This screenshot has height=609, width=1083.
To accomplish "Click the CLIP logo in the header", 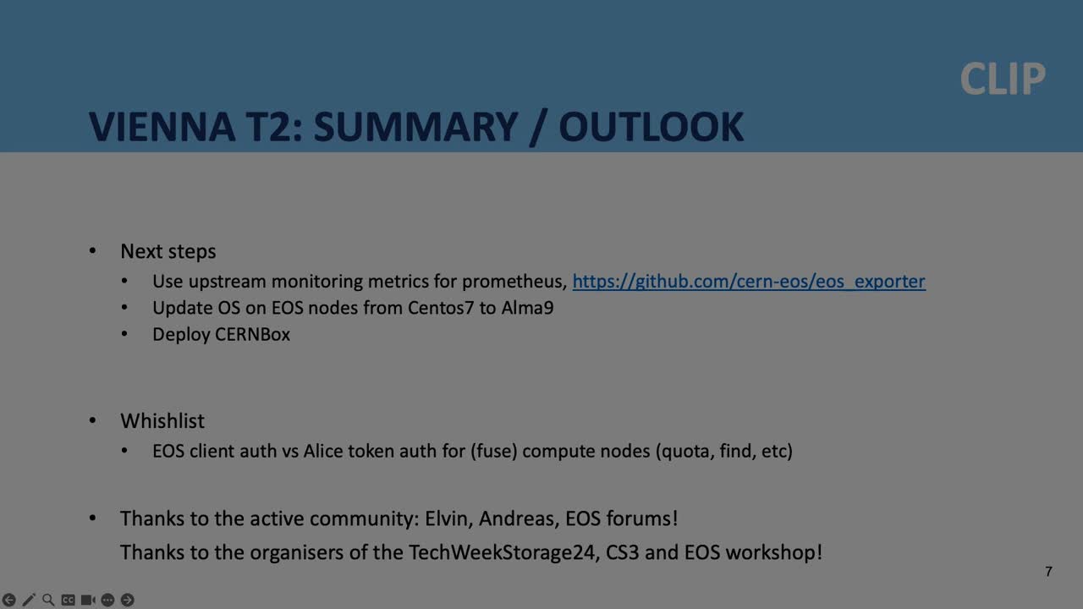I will tap(1003, 80).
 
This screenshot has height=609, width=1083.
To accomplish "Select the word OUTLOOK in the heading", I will tap(651, 127).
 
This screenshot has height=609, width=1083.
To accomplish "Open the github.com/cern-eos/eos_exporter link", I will tap(749, 282).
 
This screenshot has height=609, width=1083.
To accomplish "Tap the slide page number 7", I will tap(1048, 572).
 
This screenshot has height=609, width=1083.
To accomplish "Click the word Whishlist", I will tap(162, 421).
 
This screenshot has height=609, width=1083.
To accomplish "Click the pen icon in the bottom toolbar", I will tap(29, 600).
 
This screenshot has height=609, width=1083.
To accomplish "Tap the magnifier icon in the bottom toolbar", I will tap(48, 600).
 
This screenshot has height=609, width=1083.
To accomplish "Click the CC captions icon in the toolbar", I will tap(68, 600).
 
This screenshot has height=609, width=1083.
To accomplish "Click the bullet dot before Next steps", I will tap(93, 251).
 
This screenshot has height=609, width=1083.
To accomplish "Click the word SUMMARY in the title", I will tap(415, 127).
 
